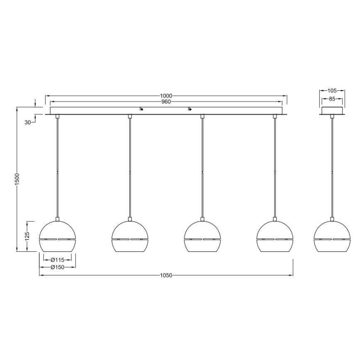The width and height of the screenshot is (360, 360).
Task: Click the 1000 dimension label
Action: tap(167, 95)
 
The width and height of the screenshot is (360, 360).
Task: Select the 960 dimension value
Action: tap(167, 102)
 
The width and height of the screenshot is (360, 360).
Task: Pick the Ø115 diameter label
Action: tap(57, 260)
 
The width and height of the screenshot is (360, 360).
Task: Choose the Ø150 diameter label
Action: tap(57, 267)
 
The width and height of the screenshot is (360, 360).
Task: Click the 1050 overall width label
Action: tap(166, 275)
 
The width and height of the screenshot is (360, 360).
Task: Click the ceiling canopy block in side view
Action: tap(332, 111)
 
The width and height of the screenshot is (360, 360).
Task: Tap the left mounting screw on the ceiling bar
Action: tap(142, 109)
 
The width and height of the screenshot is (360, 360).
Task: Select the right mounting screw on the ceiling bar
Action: tap(190, 109)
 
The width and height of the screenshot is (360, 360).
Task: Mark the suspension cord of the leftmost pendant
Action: tap(57, 166)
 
